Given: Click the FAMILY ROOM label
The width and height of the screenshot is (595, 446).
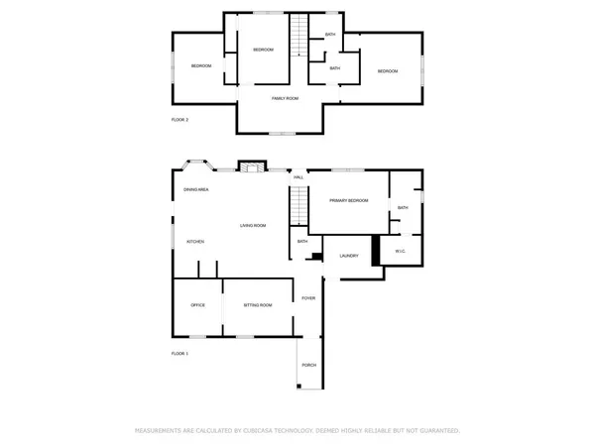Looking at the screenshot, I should tap(286, 99).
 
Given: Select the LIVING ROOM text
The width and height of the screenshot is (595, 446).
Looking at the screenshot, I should tap(253, 226).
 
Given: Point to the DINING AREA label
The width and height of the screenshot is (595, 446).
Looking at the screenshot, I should tap(195, 189).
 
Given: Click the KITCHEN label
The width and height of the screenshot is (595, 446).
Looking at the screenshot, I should tap(195, 241).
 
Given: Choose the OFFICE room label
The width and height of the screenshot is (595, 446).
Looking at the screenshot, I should tap(198, 304).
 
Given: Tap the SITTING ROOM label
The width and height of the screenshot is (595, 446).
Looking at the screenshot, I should tap(258, 304).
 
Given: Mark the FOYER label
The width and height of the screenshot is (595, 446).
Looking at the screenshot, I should tap(308, 297).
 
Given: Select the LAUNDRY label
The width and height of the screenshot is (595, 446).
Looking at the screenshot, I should tap(348, 256).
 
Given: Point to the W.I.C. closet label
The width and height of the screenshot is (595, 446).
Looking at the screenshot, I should tap(401, 251).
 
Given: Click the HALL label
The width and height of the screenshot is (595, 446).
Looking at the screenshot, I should tap(297, 177).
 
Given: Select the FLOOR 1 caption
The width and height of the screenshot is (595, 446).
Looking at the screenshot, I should tap(179, 353).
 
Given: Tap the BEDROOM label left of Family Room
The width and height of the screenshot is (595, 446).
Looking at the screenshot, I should tap(201, 65).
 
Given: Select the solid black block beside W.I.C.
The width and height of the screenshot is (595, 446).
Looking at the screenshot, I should tap(376, 251).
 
